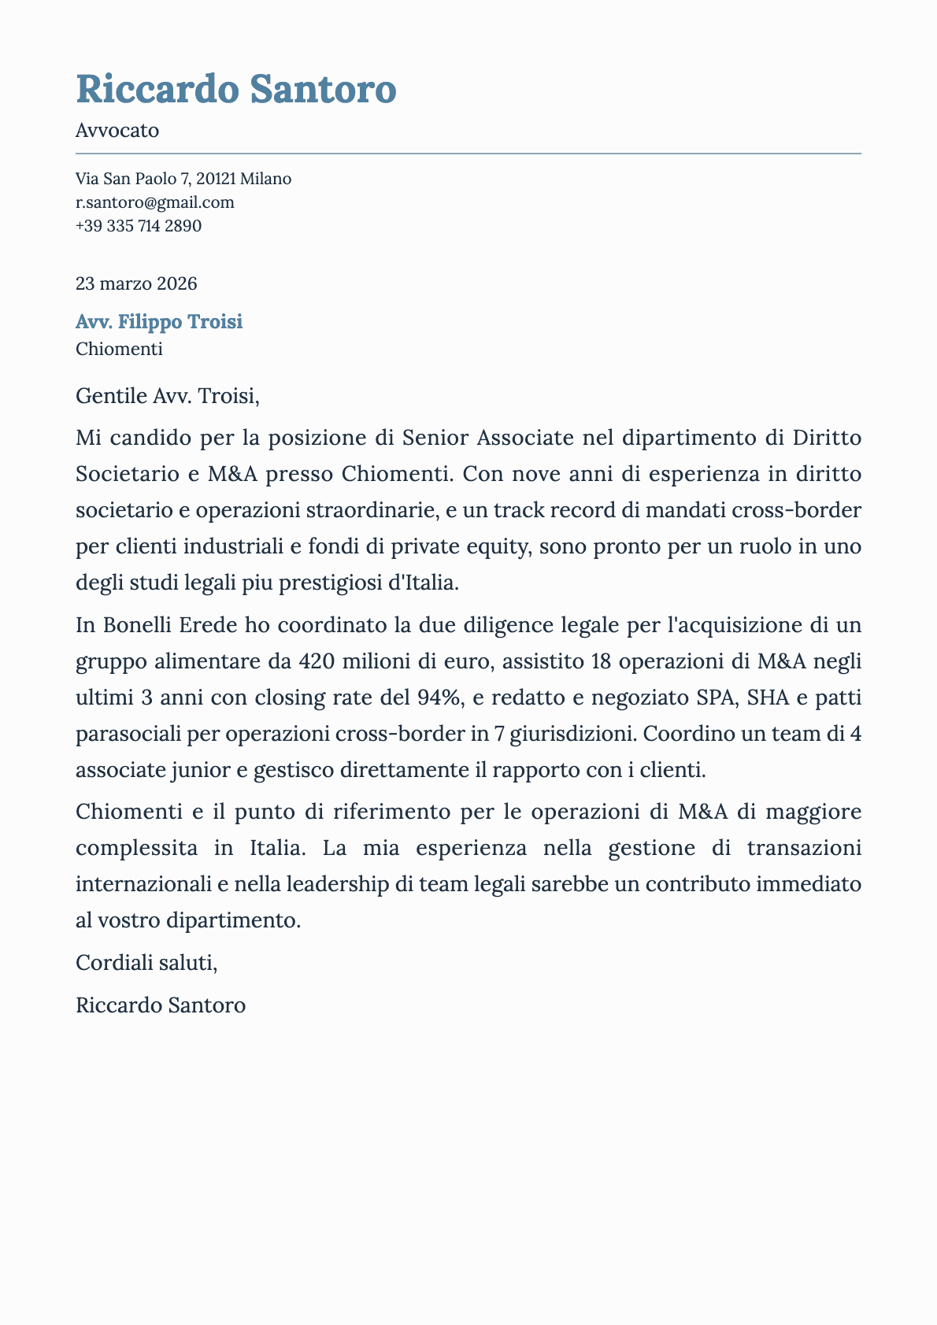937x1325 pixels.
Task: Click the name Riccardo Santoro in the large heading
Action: [235, 89]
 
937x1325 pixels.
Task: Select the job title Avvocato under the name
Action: [117, 131]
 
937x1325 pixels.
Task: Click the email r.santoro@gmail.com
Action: [154, 202]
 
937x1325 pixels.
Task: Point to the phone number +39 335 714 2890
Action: [139, 227]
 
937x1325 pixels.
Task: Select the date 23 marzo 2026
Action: [136, 283]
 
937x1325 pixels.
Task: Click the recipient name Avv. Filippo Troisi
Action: [159, 322]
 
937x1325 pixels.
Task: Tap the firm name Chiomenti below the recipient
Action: [119, 349]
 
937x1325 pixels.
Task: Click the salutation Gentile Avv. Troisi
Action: [167, 396]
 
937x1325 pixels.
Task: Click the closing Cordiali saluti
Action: [146, 962]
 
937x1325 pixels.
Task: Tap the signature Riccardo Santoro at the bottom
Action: [161, 1005]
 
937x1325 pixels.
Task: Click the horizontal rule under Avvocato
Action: [468, 154]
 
